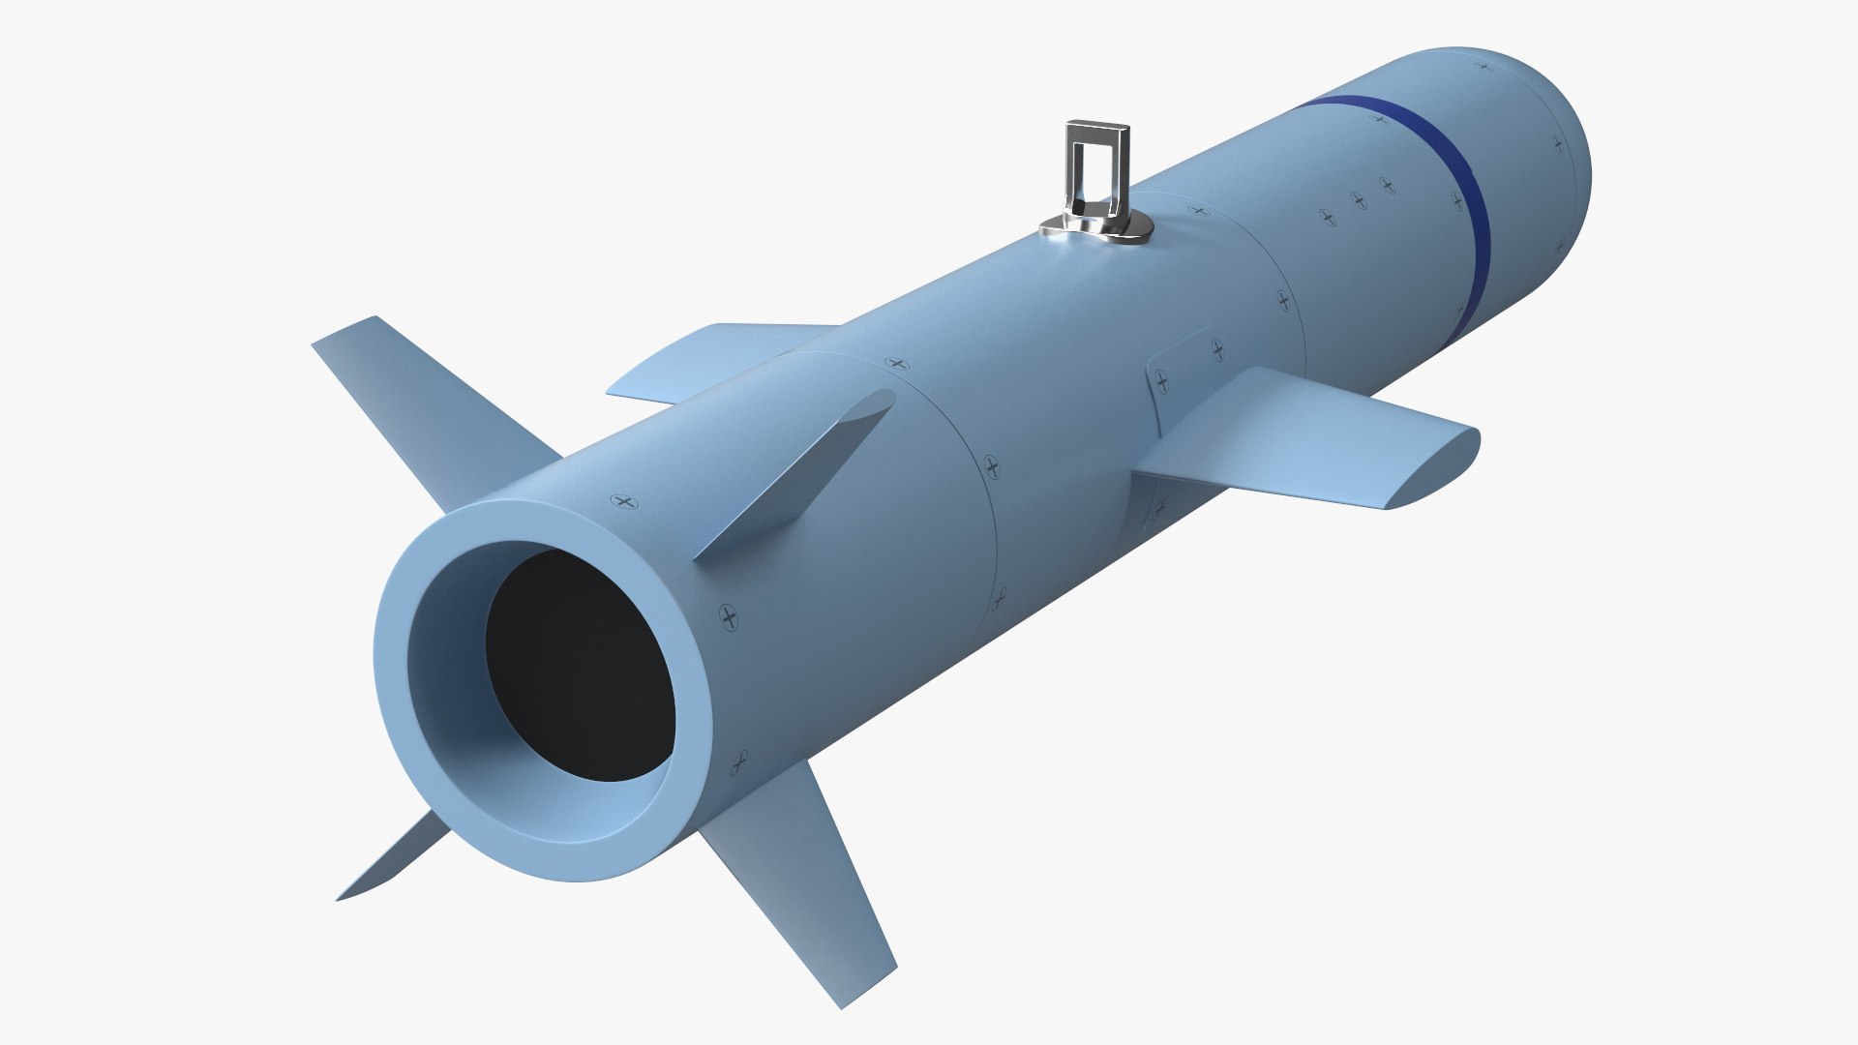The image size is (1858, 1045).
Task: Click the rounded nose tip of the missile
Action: point(1577,155)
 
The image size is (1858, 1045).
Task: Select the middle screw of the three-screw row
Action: point(1359,200)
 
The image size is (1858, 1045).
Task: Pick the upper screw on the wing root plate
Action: point(1217,344)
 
